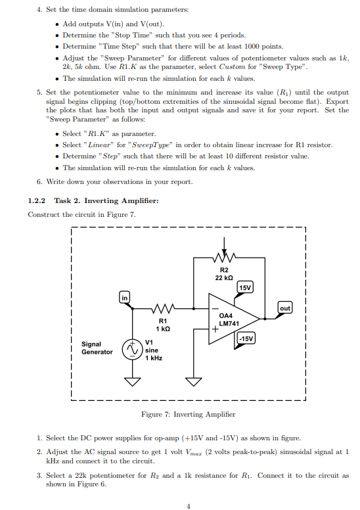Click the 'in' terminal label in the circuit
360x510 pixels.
tap(124, 298)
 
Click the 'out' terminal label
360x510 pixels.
tap(284, 308)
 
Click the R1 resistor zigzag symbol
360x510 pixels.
tap(162, 308)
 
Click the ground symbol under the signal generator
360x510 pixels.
tap(134, 382)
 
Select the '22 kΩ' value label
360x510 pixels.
tap(224, 277)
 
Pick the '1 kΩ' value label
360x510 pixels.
tap(162, 328)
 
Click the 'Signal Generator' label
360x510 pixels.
tap(97, 348)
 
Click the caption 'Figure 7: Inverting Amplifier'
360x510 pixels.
tap(188, 415)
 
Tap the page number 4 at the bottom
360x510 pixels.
tap(188, 505)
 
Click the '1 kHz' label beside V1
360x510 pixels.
tap(153, 358)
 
